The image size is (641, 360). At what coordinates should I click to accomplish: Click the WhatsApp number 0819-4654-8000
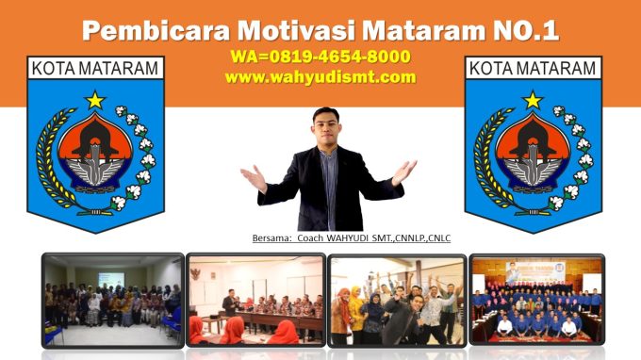[x=332, y=57]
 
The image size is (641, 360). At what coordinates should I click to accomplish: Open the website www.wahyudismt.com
[x=320, y=77]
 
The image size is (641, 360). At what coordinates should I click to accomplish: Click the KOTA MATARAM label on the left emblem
[x=94, y=69]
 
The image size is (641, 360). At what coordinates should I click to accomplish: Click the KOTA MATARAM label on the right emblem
[x=533, y=69]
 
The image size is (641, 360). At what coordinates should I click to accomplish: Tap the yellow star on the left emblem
[x=94, y=99]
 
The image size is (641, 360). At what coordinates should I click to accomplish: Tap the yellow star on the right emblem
[x=533, y=99]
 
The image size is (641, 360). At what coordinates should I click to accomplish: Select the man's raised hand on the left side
[x=252, y=175]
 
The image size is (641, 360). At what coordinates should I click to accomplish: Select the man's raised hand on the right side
[x=404, y=171]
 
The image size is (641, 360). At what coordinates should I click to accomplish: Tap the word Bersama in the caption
[x=272, y=238]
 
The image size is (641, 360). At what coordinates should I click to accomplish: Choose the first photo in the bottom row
[x=111, y=301]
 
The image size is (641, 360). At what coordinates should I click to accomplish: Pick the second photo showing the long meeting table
[x=255, y=301]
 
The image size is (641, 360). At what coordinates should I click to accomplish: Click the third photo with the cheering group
[x=396, y=301]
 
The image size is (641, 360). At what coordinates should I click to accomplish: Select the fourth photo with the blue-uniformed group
[x=537, y=301]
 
